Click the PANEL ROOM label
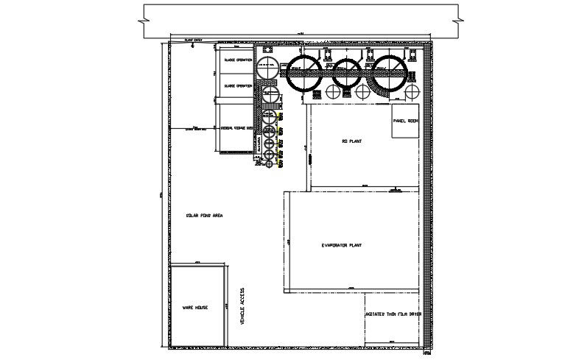[405, 121]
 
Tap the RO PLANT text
[348, 140]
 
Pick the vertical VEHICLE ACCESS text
[242, 307]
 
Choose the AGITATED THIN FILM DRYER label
[396, 314]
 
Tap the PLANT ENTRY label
[194, 42]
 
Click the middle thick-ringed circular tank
[346, 71]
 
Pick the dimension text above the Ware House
[197, 261]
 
